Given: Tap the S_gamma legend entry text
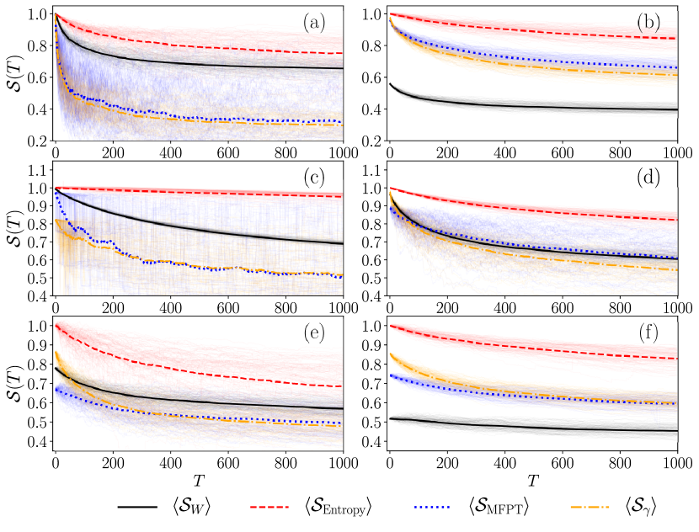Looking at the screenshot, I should coord(639,505).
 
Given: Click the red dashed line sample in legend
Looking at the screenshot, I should coord(276,505).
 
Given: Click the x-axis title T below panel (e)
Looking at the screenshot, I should coord(199,480).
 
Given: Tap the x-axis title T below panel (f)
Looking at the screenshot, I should coord(534,480).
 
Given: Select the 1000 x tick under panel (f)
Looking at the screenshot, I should coord(677,464).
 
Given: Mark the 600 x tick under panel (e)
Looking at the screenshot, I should coord(227,464).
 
